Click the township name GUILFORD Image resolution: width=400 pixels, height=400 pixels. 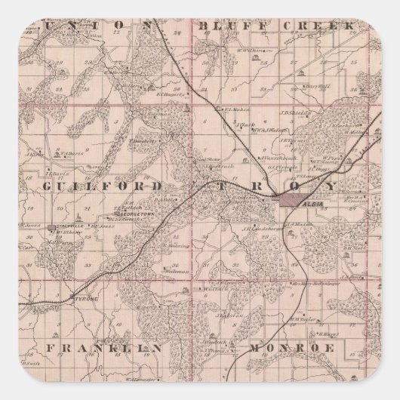103,186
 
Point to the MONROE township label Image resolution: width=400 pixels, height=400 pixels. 291,348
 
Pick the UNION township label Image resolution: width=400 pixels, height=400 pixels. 109,26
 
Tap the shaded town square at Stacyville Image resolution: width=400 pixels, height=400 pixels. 50,226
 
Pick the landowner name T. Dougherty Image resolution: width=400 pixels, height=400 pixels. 141,140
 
